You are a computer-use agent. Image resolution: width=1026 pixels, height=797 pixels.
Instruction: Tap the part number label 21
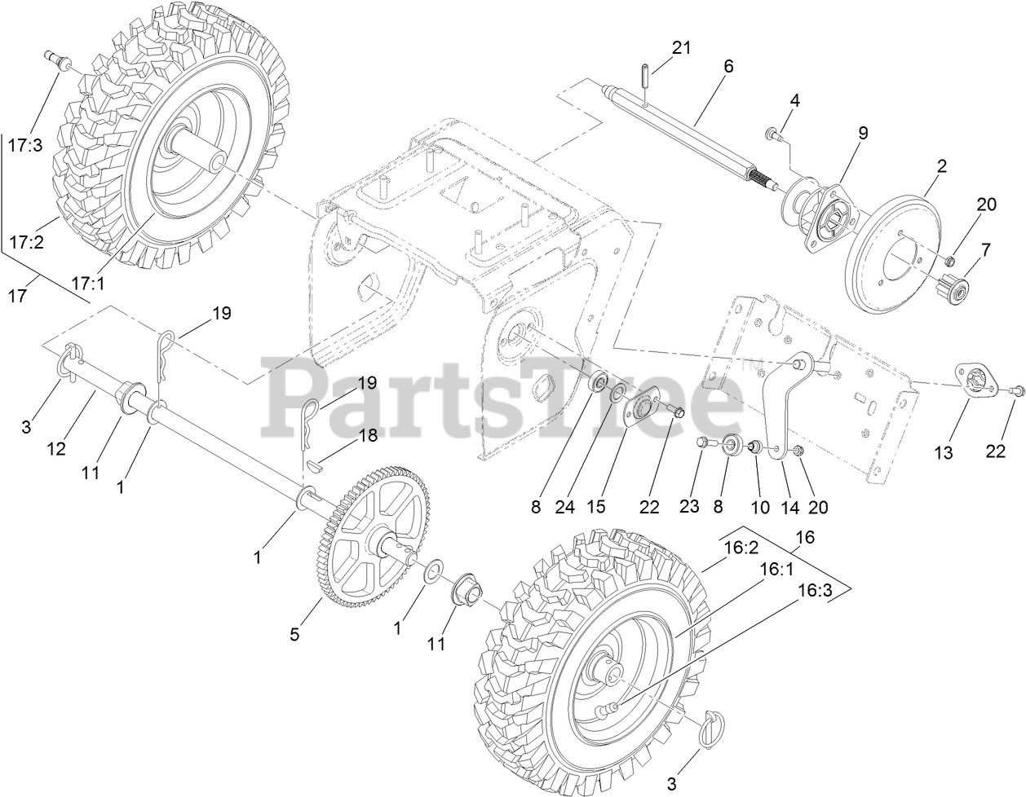[681, 48]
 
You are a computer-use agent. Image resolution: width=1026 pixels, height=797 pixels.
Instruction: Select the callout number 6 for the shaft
[728, 67]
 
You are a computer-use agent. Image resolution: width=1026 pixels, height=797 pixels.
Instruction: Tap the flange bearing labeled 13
[976, 379]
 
